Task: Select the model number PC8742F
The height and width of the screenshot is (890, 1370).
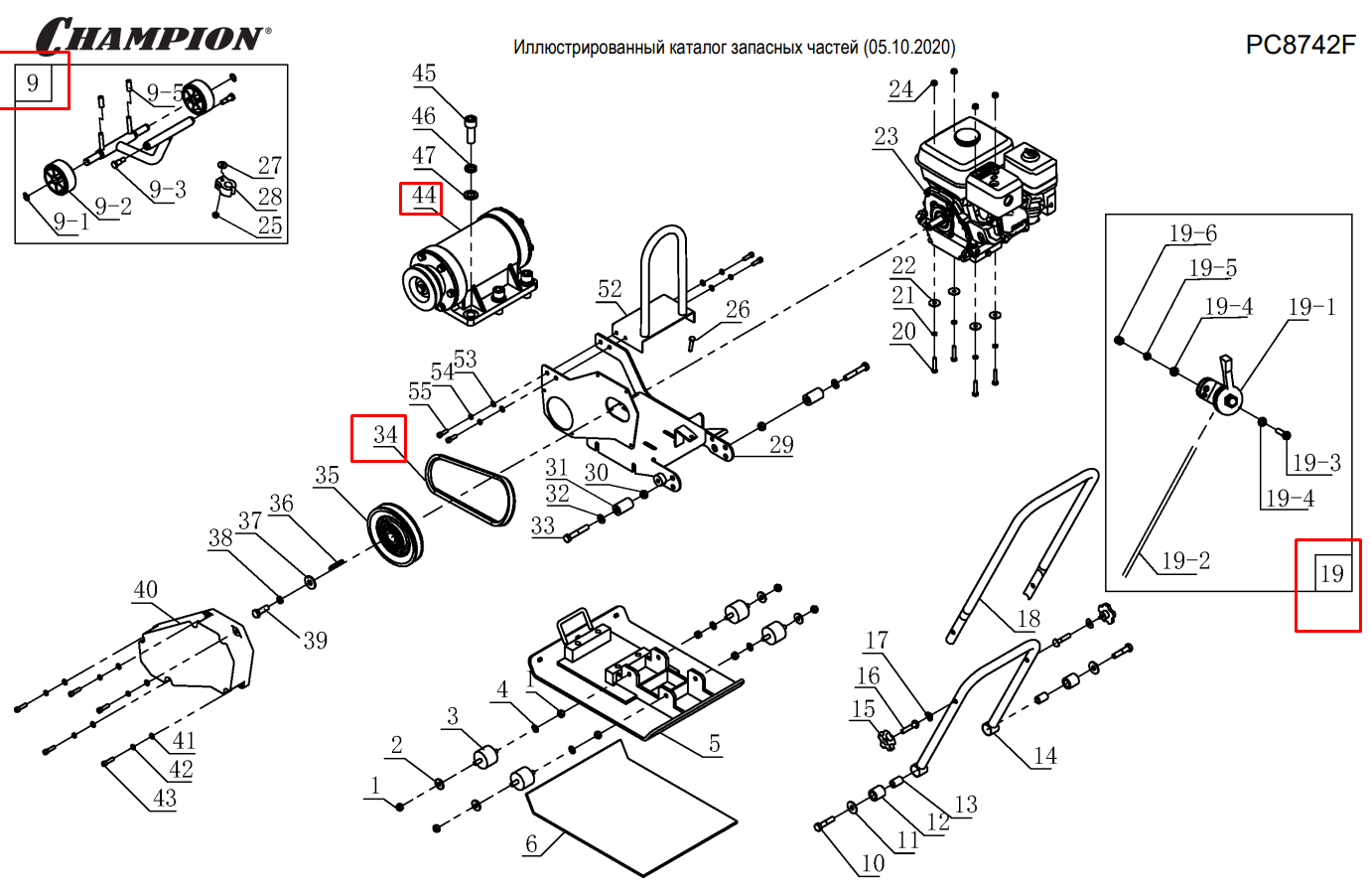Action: [x=1300, y=45]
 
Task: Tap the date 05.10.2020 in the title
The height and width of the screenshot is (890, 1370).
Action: [x=908, y=47]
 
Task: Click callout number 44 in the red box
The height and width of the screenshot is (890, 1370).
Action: [x=424, y=196]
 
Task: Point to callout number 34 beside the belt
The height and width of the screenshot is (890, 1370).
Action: [x=385, y=435]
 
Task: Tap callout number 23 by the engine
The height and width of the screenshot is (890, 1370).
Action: [x=886, y=137]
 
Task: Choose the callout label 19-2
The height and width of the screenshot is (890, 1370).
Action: [x=1186, y=561]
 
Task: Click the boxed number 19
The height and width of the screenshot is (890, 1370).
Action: [x=1331, y=573]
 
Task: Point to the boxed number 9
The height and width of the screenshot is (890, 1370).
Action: [x=33, y=82]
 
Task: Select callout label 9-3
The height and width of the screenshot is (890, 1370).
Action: [x=167, y=189]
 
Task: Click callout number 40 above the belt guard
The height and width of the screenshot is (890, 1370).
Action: [x=145, y=590]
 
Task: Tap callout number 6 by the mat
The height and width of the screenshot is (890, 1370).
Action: [x=531, y=844]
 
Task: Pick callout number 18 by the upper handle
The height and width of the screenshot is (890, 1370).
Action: [x=1027, y=619]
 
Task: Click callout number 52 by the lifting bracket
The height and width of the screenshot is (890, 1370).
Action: [x=610, y=289]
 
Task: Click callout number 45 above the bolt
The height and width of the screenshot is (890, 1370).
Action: [x=424, y=74]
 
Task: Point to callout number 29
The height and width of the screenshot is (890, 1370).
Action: [x=781, y=444]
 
